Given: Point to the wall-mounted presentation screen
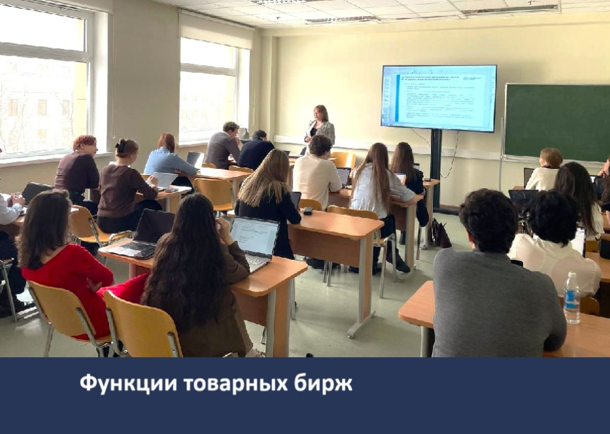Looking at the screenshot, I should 438,97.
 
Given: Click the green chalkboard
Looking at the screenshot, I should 557,122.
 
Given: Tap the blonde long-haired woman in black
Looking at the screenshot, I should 267,194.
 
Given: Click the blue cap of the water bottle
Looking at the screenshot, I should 572,275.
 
